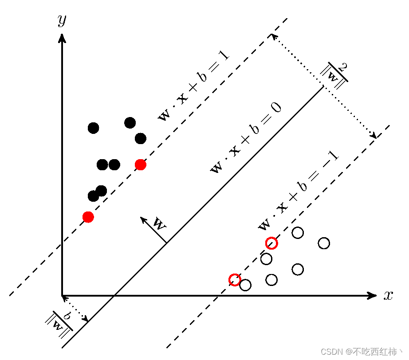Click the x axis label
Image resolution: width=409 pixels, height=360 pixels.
coord(388,296)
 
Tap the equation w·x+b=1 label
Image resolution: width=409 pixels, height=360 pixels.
coord(193,85)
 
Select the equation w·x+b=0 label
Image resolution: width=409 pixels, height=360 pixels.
coord(246,138)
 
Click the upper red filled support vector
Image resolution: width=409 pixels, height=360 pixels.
coord(141,165)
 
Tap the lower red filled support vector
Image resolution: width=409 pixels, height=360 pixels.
coord(88,217)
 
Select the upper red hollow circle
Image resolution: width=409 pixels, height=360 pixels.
coord(271,243)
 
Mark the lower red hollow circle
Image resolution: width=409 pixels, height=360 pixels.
coord(235,280)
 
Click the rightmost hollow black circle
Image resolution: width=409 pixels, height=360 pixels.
coord(324,243)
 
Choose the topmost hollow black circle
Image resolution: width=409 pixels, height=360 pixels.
coord(298,233)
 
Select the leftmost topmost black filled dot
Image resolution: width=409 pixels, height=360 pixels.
coord(93,128)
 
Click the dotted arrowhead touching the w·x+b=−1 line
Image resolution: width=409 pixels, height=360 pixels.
coord(374,136)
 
